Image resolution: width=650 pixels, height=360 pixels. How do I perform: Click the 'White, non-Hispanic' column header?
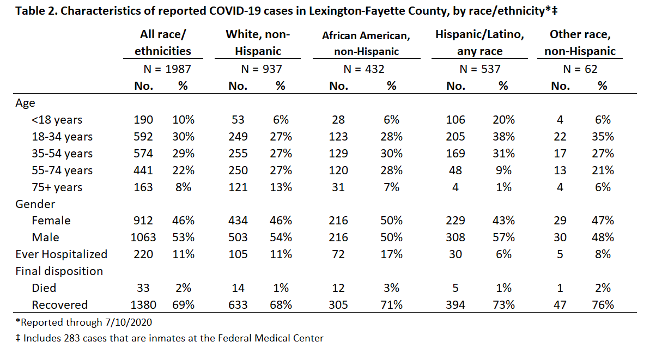click(258, 42)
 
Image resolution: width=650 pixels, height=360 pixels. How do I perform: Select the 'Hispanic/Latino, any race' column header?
click(479, 42)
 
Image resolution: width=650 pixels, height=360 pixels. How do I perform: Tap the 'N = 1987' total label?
click(167, 69)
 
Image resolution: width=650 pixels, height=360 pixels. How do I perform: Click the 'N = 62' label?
click(580, 69)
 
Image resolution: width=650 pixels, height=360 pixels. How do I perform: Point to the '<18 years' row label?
click(57, 120)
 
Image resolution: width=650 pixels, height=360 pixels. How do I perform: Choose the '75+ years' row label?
click(57, 187)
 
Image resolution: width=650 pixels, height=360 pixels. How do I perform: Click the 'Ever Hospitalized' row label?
click(62, 254)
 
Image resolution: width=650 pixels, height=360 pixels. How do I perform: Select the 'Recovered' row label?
click(60, 305)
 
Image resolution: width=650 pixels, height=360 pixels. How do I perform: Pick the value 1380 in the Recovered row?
click(143, 305)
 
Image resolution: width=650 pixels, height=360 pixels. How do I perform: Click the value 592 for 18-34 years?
click(143, 137)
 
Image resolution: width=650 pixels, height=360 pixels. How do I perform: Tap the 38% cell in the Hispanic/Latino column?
click(503, 137)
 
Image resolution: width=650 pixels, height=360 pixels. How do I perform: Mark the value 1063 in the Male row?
click(143, 237)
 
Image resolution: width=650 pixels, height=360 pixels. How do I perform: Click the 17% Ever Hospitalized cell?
click(391, 254)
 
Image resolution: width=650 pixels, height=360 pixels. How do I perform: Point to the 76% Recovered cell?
click(603, 305)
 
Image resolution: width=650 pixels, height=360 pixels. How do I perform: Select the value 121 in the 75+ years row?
click(238, 187)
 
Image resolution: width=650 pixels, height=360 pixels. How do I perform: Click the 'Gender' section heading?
click(35, 204)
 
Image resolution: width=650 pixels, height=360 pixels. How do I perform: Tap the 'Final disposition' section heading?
click(59, 271)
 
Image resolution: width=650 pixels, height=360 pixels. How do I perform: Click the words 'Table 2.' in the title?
click(37, 11)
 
